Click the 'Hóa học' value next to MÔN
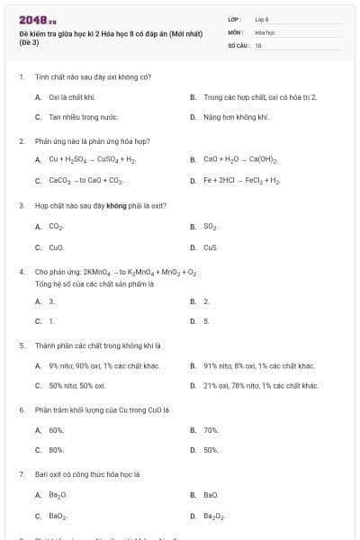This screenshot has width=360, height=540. [x=264, y=31]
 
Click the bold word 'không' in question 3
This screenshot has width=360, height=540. [x=115, y=205]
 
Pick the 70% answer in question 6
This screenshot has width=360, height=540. [x=211, y=430]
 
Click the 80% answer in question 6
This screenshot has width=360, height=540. [x=56, y=449]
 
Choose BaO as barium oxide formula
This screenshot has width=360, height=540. [x=211, y=495]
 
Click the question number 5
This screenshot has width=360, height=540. [x=22, y=345]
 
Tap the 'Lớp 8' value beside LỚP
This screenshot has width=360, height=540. [x=262, y=19]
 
